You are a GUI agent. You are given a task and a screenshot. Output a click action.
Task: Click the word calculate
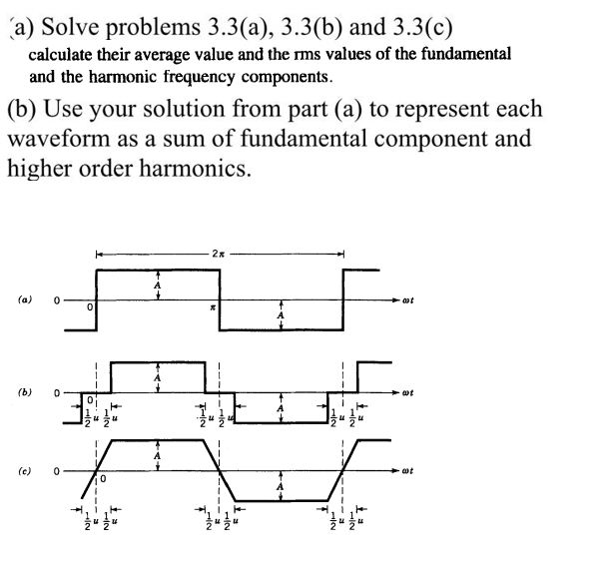pos(65,54)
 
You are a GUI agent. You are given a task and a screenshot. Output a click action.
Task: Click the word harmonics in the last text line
pos(194,167)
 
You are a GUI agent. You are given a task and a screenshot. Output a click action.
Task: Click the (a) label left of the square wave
pos(22,297)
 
